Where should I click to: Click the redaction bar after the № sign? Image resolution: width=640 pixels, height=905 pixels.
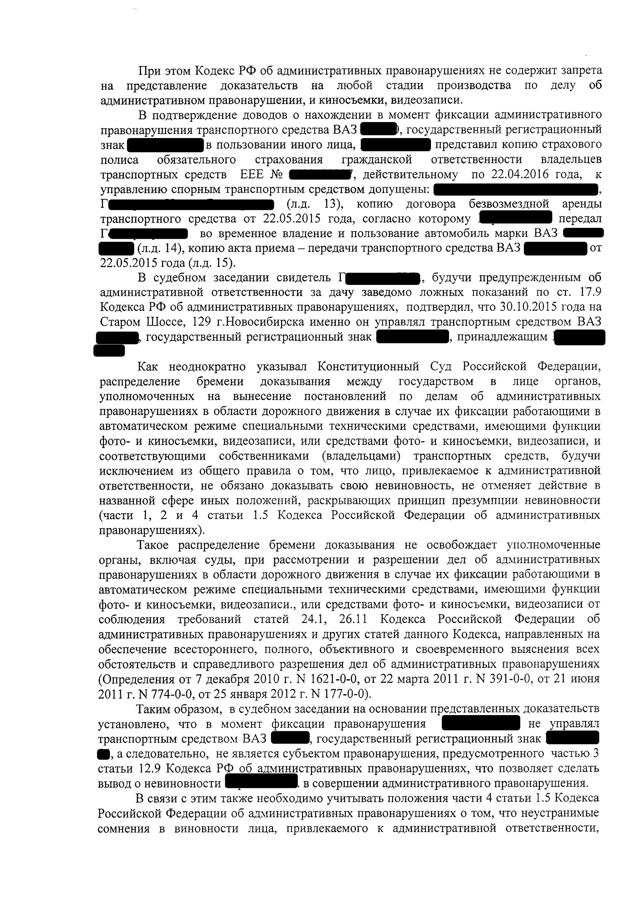(x=321, y=174)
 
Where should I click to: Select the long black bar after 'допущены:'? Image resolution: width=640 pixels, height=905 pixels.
(x=515, y=189)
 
